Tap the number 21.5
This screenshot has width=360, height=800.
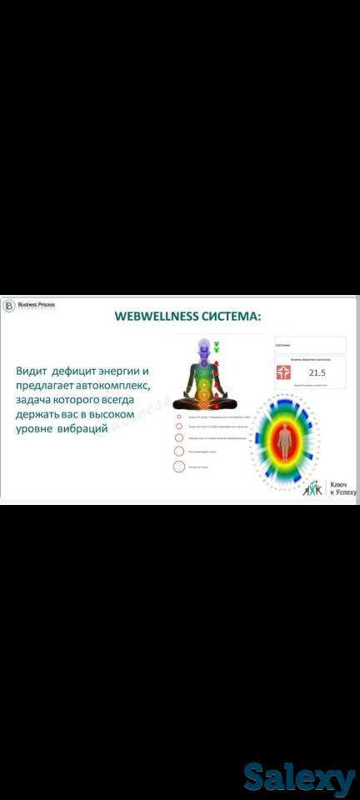[317, 373]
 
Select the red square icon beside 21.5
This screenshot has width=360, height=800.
[284, 372]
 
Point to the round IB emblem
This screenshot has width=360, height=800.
[9, 306]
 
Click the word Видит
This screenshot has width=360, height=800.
[31, 370]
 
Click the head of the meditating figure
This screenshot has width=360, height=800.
[202, 343]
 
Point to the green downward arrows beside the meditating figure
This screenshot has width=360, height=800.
[217, 347]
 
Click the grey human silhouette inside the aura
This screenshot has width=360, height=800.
[285, 441]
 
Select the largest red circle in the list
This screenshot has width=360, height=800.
[179, 467]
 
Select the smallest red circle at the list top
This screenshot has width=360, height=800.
[178, 415]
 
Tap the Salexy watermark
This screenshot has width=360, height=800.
[299, 778]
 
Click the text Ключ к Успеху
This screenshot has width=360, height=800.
[342, 488]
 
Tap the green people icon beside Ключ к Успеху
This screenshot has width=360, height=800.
[312, 488]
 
